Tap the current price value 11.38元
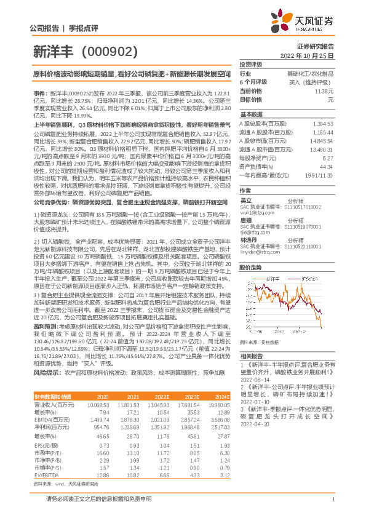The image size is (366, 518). tap(324, 90)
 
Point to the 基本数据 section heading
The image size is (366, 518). tap(251, 114)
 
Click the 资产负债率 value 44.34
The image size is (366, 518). tap(326, 166)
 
